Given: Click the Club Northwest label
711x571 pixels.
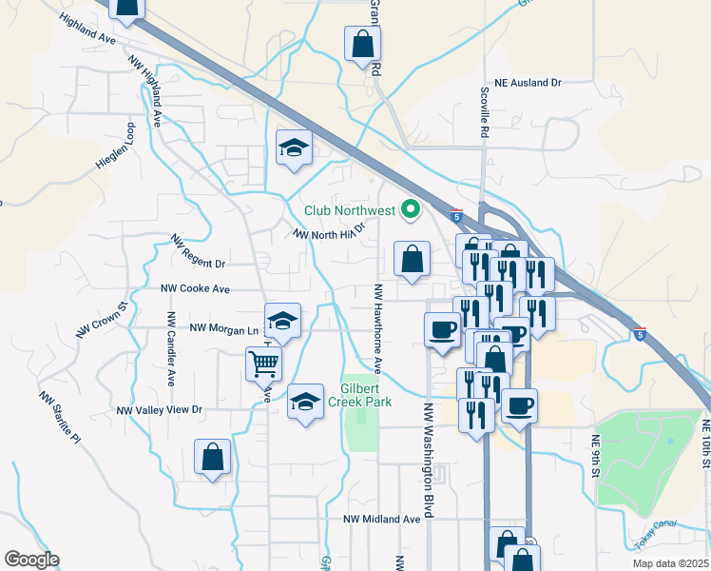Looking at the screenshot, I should (350, 210).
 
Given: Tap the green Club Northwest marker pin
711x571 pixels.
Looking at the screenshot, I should (412, 208).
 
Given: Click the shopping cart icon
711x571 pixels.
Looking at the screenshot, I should (263, 363).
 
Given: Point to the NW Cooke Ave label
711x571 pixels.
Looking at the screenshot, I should (196, 287).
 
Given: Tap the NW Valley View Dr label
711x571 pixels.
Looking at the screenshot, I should (160, 409).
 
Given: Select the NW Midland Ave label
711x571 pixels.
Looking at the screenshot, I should (381, 519).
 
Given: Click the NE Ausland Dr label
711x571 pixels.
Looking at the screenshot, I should (523, 84).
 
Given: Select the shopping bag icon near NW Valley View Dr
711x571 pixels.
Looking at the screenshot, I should (212, 457).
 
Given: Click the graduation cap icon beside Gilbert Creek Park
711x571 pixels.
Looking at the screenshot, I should (306, 403).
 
